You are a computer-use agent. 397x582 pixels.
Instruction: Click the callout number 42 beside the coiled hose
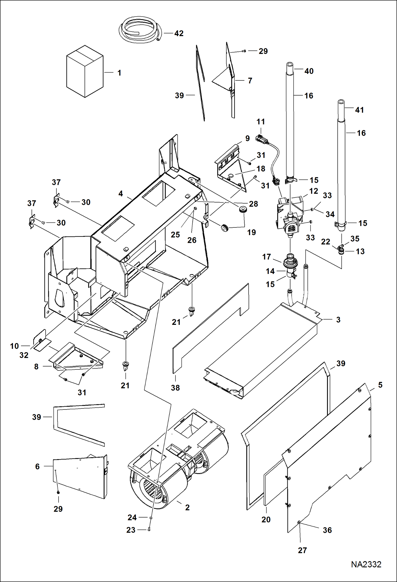[179, 33]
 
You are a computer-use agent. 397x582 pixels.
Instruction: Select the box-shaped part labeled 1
[85, 72]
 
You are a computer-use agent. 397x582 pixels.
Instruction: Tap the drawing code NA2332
[366, 564]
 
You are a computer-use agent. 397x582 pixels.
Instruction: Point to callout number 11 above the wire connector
[261, 122]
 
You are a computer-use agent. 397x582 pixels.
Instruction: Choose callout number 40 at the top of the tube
[309, 71]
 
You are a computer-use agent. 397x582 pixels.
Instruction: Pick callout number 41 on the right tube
[359, 110]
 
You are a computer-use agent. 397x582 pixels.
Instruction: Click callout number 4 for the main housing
[121, 194]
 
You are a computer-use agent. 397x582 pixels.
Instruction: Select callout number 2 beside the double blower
[187, 507]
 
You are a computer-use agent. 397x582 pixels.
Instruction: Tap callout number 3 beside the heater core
[338, 320]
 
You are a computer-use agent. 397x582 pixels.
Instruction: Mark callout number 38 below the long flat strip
[175, 388]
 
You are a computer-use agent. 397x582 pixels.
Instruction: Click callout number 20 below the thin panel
[266, 519]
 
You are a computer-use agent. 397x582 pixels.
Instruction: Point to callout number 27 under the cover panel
[302, 550]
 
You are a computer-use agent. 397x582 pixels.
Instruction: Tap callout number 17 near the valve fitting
[266, 257]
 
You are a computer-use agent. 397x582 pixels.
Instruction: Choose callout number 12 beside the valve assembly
[314, 191]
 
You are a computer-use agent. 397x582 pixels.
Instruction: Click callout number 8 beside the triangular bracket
[36, 367]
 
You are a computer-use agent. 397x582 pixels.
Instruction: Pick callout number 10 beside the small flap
[14, 346]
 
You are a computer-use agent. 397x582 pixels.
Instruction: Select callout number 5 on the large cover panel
[380, 385]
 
